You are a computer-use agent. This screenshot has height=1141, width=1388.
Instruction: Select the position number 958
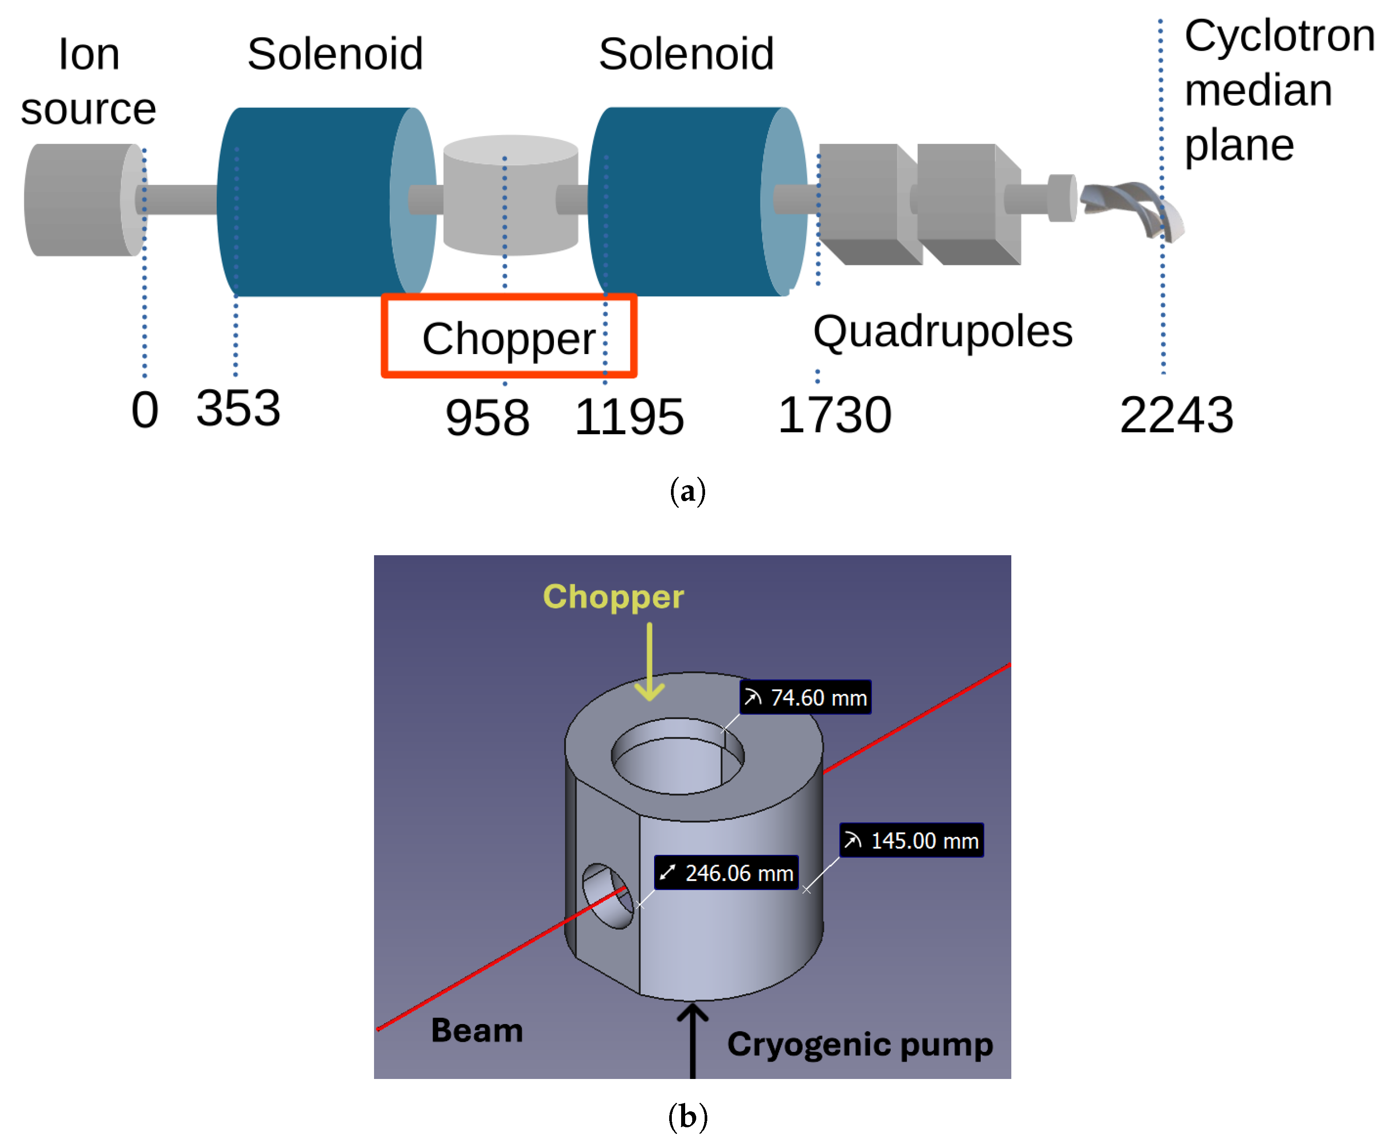click(487, 418)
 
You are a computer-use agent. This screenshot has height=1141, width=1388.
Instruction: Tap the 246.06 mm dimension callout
click(726, 873)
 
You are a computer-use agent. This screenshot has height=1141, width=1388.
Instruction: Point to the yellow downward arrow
click(649, 661)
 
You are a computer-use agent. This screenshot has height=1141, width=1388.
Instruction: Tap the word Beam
click(476, 1031)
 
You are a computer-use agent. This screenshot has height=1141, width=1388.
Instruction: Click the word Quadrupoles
click(943, 332)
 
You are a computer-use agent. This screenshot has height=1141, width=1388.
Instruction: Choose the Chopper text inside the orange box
click(508, 339)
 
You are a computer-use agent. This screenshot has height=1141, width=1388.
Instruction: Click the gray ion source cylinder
click(79, 200)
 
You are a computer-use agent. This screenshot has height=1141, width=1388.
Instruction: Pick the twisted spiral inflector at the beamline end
click(1132, 209)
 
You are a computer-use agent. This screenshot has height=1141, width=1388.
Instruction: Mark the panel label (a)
click(687, 492)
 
